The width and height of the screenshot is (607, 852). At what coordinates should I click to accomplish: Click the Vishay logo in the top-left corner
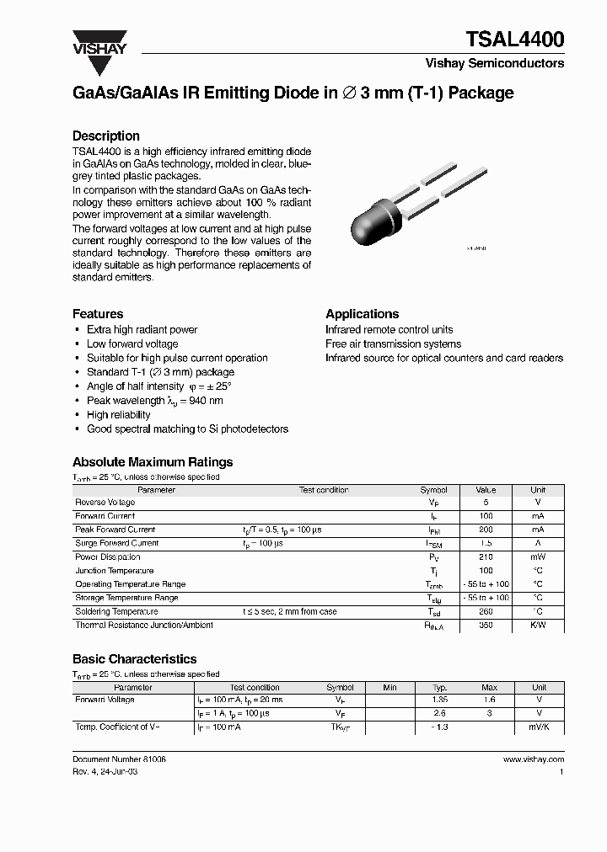tap(99, 42)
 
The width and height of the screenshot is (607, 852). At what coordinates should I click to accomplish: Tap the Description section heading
tap(106, 136)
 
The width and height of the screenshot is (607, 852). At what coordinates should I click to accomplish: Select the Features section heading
tap(98, 314)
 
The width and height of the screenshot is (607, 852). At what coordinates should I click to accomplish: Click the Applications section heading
tap(363, 314)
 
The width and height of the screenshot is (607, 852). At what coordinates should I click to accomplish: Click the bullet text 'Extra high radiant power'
tap(142, 330)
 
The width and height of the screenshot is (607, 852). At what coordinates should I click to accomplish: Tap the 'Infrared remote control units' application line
tap(389, 330)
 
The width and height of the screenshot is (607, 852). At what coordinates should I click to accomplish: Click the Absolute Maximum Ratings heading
tap(153, 462)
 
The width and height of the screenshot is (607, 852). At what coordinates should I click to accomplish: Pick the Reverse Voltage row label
tap(105, 503)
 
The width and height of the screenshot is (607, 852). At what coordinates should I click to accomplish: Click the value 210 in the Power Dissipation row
tap(486, 557)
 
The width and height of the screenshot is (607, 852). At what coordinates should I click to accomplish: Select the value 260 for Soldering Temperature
tap(486, 612)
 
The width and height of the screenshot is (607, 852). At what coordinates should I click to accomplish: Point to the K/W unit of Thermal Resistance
tap(538, 626)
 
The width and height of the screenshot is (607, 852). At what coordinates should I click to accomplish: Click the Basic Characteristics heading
tap(135, 659)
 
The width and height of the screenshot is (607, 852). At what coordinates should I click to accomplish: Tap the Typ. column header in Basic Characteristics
tap(439, 687)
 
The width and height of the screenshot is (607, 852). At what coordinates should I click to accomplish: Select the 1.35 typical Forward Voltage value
tap(439, 700)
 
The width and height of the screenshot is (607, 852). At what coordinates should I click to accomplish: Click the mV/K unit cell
tap(538, 727)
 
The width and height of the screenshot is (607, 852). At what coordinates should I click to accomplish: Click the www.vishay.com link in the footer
tap(533, 759)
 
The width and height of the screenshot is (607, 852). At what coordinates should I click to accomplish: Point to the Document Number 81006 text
tap(119, 759)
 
